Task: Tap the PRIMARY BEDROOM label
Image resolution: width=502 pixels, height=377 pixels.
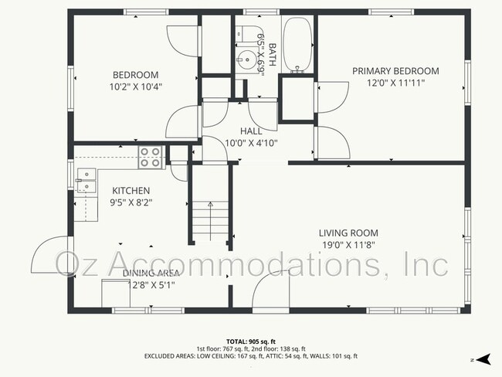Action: coord(395,71)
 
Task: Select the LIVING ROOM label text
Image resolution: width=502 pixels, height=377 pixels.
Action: coord(348,233)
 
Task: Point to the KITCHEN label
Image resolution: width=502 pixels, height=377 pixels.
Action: coord(131,191)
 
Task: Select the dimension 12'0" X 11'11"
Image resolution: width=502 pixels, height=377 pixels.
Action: coord(395,82)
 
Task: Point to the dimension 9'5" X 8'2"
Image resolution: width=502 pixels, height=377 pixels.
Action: coord(131,202)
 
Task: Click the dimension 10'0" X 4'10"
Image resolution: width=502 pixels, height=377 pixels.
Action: coord(251,143)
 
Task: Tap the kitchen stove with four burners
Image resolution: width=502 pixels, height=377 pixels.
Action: coord(150,158)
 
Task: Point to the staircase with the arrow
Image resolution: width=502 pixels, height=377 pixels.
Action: coord(210,220)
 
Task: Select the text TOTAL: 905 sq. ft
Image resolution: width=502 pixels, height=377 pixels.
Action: coord(250,341)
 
